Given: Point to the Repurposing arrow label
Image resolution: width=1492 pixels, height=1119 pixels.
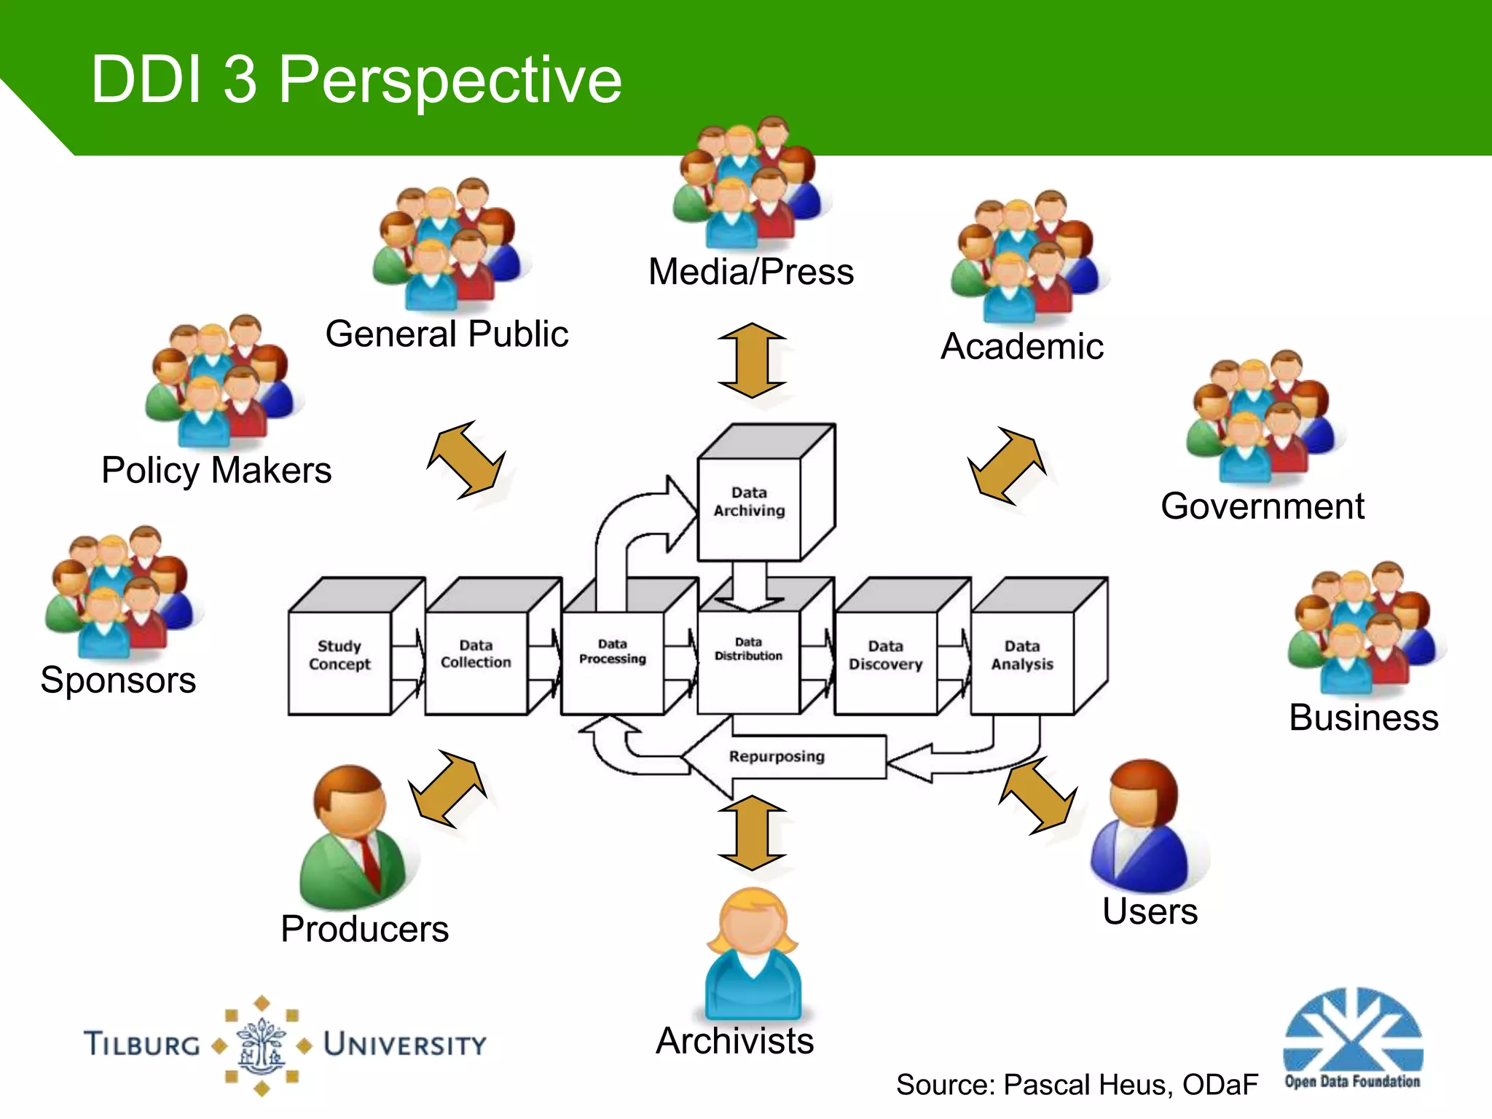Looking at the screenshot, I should pyautogui.click(x=777, y=757).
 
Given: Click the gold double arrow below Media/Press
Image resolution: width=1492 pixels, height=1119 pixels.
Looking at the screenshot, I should pyautogui.click(x=752, y=361).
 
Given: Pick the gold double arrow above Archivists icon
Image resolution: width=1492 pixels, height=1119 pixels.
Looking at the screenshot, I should pyautogui.click(x=752, y=833).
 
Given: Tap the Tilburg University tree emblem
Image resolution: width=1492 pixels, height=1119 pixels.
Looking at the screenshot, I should pyautogui.click(x=262, y=1045).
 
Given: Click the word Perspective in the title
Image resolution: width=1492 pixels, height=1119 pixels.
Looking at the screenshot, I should pyautogui.click(x=449, y=80).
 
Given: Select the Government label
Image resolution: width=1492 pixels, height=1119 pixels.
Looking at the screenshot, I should pyautogui.click(x=1262, y=506).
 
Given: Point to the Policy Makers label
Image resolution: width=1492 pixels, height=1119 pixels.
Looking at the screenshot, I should pyautogui.click(x=216, y=470).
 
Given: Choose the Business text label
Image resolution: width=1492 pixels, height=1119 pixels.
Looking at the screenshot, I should pyautogui.click(x=1363, y=718).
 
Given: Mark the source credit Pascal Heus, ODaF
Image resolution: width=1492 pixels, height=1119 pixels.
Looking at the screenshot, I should pyautogui.click(x=1077, y=1085).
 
